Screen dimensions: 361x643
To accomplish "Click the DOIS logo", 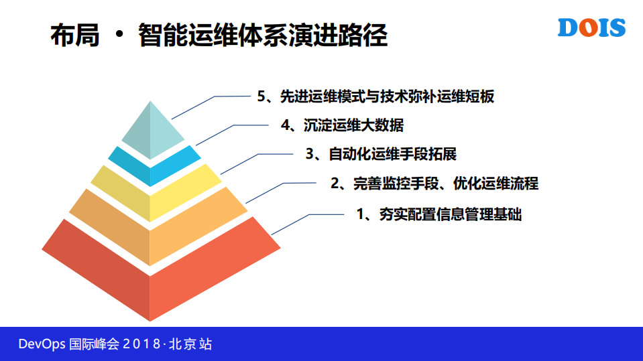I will coord(591,27).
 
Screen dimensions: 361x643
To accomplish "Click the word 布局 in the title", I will coord(75,35).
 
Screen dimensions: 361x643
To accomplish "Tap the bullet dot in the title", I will coord(119,35).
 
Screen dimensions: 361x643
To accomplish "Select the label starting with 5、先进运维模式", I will coord(375,96).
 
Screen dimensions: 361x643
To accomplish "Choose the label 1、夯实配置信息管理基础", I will coord(439,215).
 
